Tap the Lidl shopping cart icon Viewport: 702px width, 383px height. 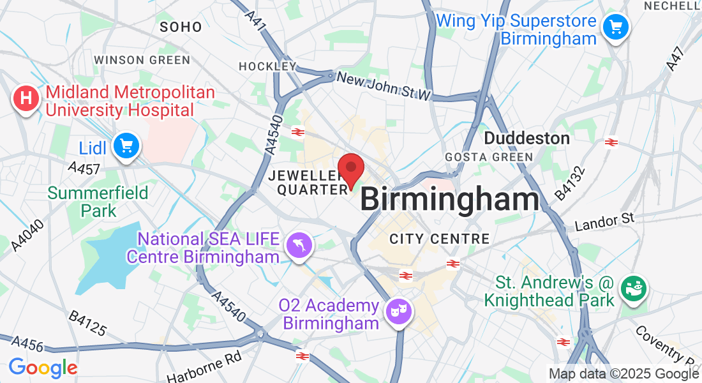click(x=126, y=147)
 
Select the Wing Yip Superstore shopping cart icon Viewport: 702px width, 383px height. click(x=615, y=27)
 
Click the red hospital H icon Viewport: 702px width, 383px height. click(x=26, y=100)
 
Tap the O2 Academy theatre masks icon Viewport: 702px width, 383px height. click(x=400, y=312)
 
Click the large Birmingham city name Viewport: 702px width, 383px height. click(x=450, y=200)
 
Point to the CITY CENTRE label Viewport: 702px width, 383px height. click(x=440, y=239)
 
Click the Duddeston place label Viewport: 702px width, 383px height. click(x=527, y=138)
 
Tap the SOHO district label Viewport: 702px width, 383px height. click(x=181, y=27)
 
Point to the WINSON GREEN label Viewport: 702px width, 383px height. click(x=142, y=60)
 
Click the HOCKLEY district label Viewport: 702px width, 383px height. click(x=267, y=66)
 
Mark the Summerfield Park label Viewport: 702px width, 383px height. click(x=98, y=201)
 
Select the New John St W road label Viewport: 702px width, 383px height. click(x=384, y=86)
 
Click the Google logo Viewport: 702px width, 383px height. click(x=43, y=368)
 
